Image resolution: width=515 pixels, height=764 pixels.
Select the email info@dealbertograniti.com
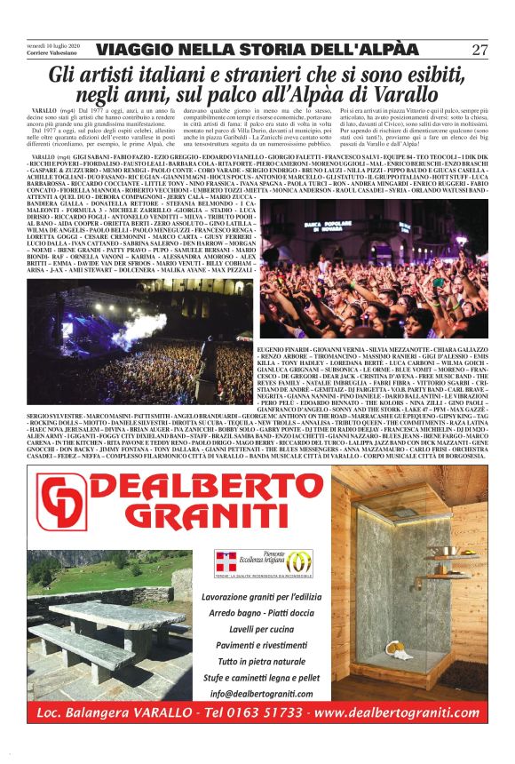[x=259, y=695]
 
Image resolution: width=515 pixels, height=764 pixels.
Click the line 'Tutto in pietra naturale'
[x=259, y=663]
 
